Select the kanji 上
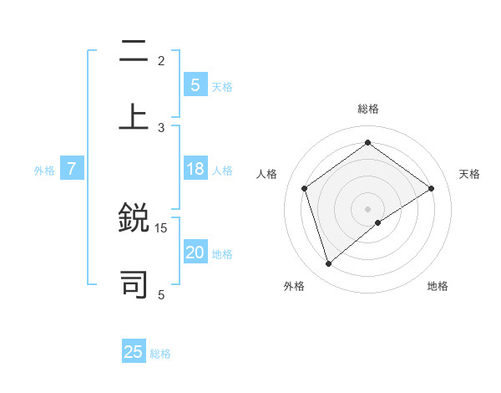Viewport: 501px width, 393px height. point(134,115)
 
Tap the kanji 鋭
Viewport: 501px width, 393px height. point(134,218)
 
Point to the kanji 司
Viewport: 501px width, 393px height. point(134,283)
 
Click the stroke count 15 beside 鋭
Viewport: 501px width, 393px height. point(161,227)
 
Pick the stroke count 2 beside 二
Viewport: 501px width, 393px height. point(161,60)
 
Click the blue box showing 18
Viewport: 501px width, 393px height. point(195,170)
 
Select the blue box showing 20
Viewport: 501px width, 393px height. point(195,253)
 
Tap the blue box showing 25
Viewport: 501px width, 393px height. point(134,352)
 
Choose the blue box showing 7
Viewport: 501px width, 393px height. point(72,170)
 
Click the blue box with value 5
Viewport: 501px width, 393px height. point(195,85)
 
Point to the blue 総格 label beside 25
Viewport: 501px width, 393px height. point(160,353)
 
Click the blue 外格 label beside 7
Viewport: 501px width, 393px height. point(44,171)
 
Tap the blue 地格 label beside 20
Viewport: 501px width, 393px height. point(222,254)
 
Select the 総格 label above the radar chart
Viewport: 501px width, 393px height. point(367,109)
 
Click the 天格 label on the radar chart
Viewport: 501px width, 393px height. point(469,174)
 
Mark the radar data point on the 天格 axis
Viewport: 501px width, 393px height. point(431,188)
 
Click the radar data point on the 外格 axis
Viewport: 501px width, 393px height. point(329,264)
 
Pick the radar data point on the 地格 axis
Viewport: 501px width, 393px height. point(378,222)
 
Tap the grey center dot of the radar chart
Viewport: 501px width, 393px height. point(367,208)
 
